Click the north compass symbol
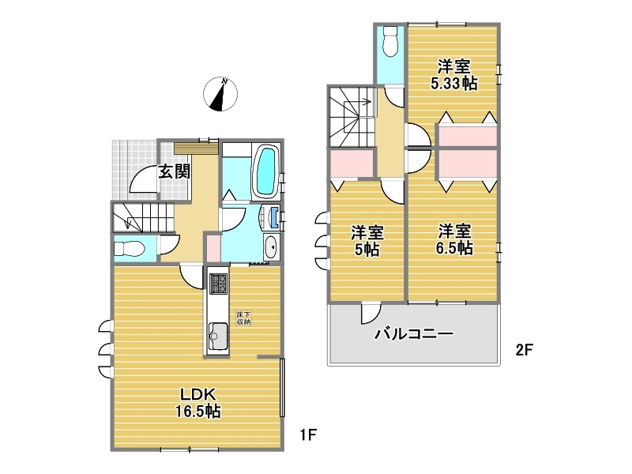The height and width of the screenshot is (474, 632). (220, 94)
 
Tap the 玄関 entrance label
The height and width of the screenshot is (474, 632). (174, 172)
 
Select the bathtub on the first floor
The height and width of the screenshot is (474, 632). (265, 171)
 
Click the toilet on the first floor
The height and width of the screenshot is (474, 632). (129, 248)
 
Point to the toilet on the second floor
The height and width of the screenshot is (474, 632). (390, 41)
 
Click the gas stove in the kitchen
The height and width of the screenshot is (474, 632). (218, 284)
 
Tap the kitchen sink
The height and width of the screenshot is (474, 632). (218, 337)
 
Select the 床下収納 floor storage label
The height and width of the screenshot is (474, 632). (243, 318)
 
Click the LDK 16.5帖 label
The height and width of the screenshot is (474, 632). (198, 403)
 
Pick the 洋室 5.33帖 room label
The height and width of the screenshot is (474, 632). (454, 75)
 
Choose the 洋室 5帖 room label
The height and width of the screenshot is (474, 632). (367, 241)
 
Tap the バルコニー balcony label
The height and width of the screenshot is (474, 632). (414, 334)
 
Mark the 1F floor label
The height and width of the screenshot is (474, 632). (308, 435)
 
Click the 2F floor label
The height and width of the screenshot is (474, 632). (525, 349)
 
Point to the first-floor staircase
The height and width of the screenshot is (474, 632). (143, 217)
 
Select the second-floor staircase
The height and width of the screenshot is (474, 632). (352, 117)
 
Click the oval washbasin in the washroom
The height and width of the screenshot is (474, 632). (271, 246)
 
